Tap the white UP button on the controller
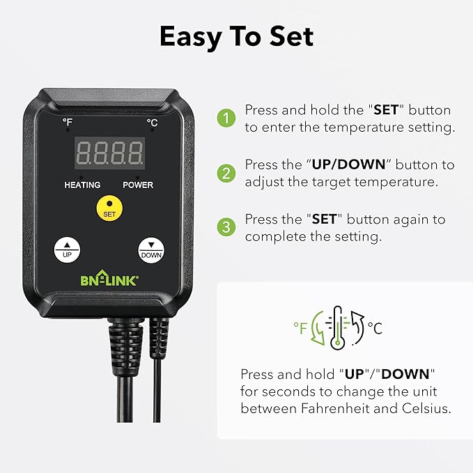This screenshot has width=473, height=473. point(67,249)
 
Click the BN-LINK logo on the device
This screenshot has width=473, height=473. point(109,280)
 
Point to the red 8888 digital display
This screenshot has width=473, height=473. point(109,153)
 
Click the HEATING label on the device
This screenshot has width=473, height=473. point(82,185)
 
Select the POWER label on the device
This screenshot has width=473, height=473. point(138,185)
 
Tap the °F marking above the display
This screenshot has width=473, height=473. point(68,122)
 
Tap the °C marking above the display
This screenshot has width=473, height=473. point(151,122)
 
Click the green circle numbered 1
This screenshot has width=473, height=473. point(226,118)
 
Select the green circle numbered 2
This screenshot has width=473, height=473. point(226,173)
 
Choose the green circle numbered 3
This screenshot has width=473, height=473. point(226,227)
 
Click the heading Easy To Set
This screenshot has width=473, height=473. point(236,37)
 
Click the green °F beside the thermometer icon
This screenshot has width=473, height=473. point(300,328)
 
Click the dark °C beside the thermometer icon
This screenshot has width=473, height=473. point(374,328)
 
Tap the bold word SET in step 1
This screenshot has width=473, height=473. point(385,110)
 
